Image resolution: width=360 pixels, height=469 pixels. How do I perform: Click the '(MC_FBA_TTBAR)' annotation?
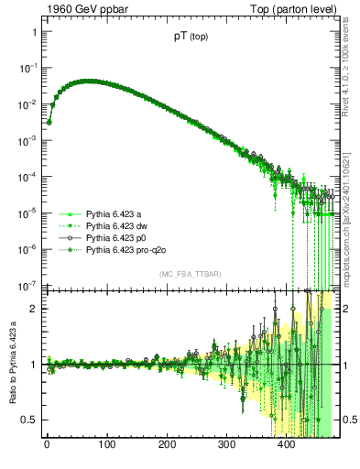click(190, 275)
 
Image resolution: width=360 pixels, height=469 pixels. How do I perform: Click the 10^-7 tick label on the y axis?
click(27, 285)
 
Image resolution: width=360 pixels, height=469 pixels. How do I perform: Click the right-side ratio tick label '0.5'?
click(347, 420)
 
